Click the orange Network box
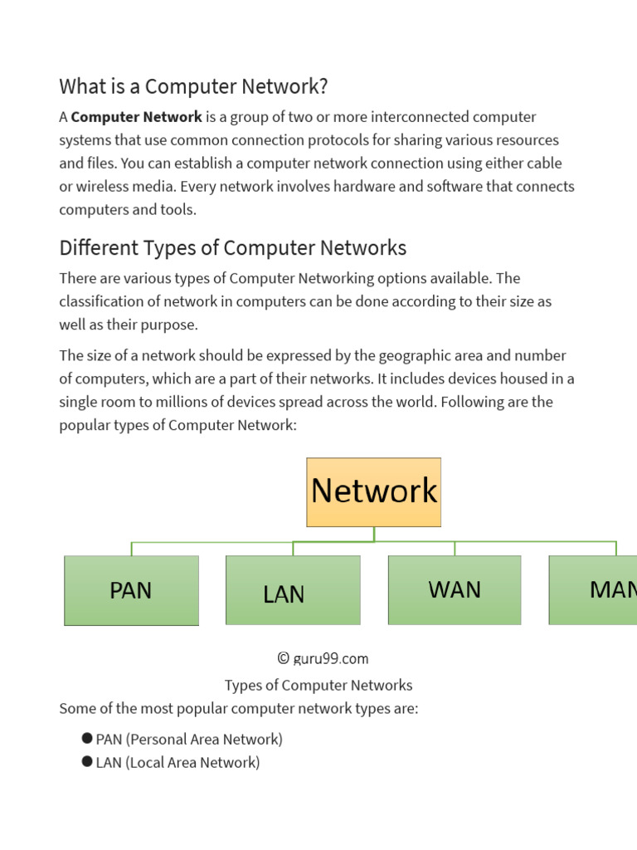pos(373,491)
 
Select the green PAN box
pos(131,590)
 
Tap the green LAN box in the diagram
pos(293,590)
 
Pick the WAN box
pos(455,589)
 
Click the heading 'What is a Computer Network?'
pos(193,86)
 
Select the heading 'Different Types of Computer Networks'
pos(232,247)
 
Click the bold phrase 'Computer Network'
pos(137,117)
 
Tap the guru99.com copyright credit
pos(323,658)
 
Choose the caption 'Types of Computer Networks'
pos(318,685)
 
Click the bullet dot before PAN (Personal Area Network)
pos(87,738)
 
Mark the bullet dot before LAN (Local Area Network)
pos(87,761)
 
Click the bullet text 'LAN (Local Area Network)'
pos(177,762)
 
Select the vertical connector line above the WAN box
pos(455,548)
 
